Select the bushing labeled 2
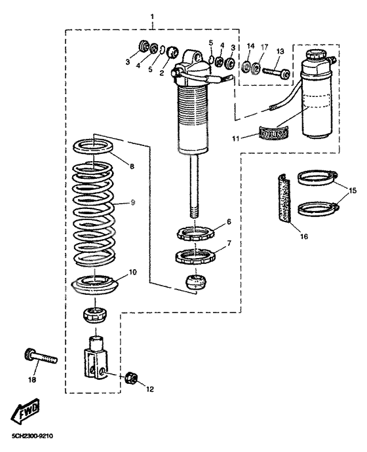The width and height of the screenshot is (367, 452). pos(173,52)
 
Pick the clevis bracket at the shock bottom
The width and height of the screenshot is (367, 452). pos(96,359)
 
